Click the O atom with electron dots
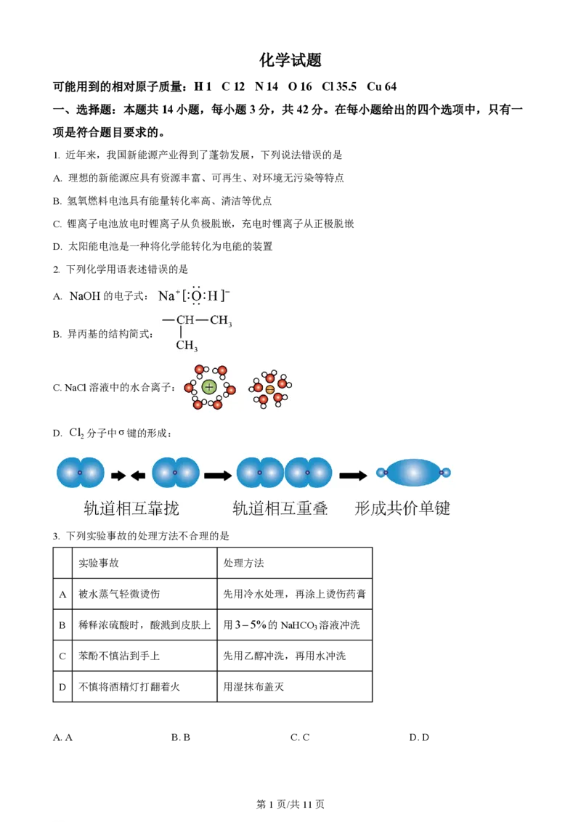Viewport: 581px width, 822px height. click(x=196, y=296)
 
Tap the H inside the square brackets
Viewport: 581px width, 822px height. click(x=213, y=296)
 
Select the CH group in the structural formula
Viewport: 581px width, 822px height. click(x=185, y=320)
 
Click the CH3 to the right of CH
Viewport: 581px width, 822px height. click(x=221, y=320)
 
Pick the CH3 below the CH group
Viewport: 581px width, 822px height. click(x=187, y=345)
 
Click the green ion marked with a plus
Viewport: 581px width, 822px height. click(x=209, y=387)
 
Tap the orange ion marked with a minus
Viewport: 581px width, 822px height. click(x=270, y=389)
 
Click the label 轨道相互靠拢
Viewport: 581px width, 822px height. click(x=131, y=508)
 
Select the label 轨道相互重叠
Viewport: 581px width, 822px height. click(x=280, y=508)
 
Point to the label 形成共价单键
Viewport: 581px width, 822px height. click(x=402, y=508)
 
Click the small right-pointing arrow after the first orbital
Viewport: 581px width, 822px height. click(x=118, y=475)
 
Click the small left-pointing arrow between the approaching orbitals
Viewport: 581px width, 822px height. click(x=137, y=475)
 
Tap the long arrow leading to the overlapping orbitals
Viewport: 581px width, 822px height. click(x=217, y=475)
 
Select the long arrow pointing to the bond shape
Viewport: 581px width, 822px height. click(x=353, y=475)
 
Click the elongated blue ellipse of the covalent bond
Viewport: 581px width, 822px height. click(x=413, y=472)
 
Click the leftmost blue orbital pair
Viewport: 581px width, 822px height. click(x=80, y=472)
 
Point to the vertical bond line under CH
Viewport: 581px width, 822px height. click(x=181, y=332)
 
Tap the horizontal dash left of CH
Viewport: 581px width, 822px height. click(x=168, y=320)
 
